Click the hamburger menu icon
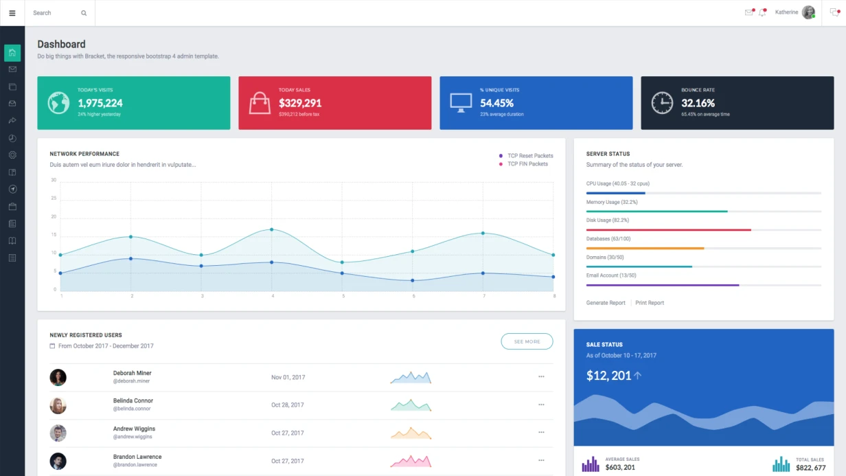(12, 13)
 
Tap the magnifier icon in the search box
(84, 13)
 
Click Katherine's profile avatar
(808, 12)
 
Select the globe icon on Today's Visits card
(58, 103)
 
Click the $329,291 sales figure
(300, 103)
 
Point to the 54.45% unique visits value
(496, 103)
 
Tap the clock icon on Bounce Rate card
(662, 103)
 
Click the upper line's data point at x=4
(272, 229)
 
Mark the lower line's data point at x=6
(413, 280)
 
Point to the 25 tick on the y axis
(54, 199)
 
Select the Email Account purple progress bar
(662, 284)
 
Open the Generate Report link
(606, 303)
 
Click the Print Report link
(649, 303)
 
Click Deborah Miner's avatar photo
(58, 377)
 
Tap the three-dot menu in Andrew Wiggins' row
(541, 432)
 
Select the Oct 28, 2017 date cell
(287, 405)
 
